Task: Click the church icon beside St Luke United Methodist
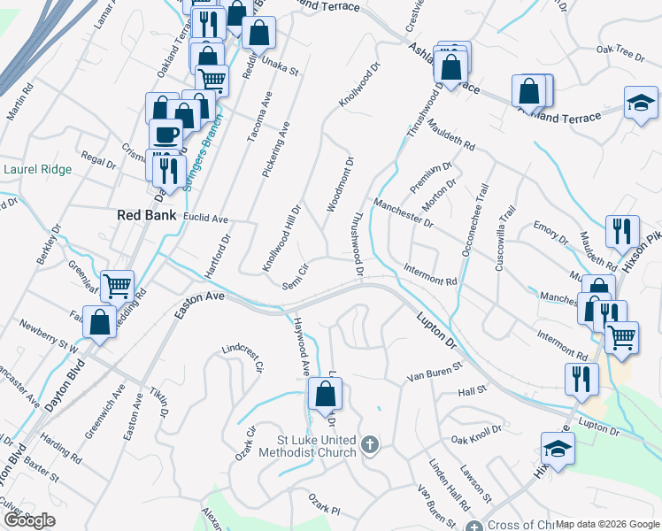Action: tap(371, 444)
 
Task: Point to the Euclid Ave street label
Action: tap(206, 219)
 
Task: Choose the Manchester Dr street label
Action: tap(403, 213)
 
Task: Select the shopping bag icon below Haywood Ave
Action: tap(326, 396)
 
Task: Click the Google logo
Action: tap(29, 520)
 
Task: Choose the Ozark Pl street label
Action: tap(323, 509)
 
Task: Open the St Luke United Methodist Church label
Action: tap(306, 446)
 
